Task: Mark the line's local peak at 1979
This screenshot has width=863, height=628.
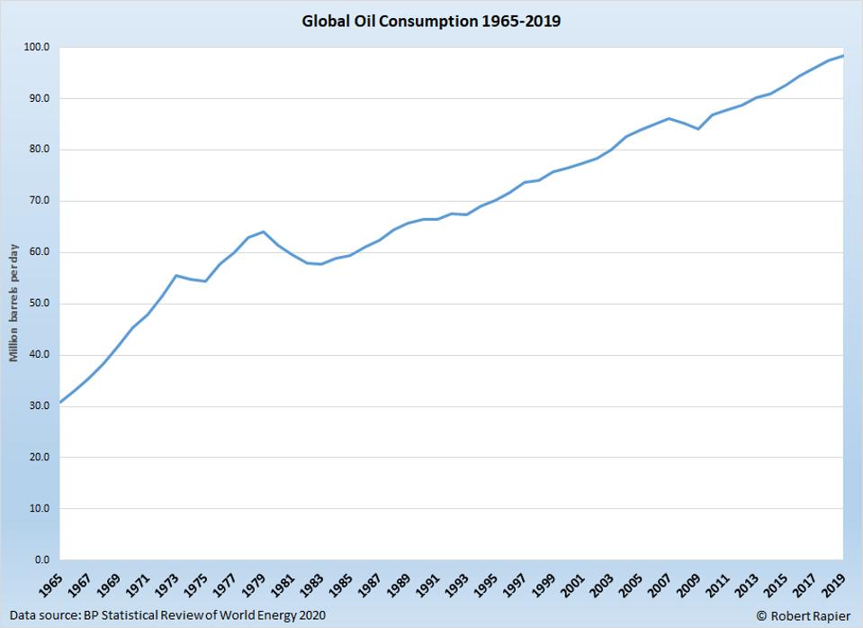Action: click(x=263, y=232)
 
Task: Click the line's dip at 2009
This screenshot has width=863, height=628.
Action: click(x=698, y=129)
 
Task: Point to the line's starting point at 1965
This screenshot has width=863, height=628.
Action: click(x=59, y=402)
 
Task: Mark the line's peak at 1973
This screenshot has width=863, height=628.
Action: click(x=175, y=275)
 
